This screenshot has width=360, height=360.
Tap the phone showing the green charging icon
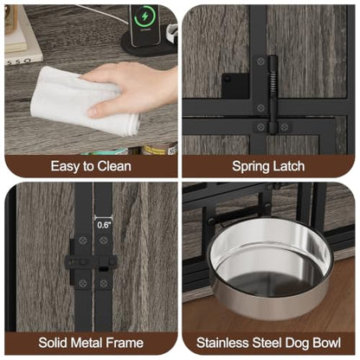145,24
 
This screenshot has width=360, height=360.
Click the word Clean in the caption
114,166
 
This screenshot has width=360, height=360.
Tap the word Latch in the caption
287,166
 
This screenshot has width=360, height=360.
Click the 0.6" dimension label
104,225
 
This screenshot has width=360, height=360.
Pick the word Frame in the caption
125,343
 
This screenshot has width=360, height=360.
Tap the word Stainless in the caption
223,343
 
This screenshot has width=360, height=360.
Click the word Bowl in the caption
326,343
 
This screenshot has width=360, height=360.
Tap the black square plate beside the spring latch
235,85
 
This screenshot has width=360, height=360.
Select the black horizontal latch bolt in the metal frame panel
91,262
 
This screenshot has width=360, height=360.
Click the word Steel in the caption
267,343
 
